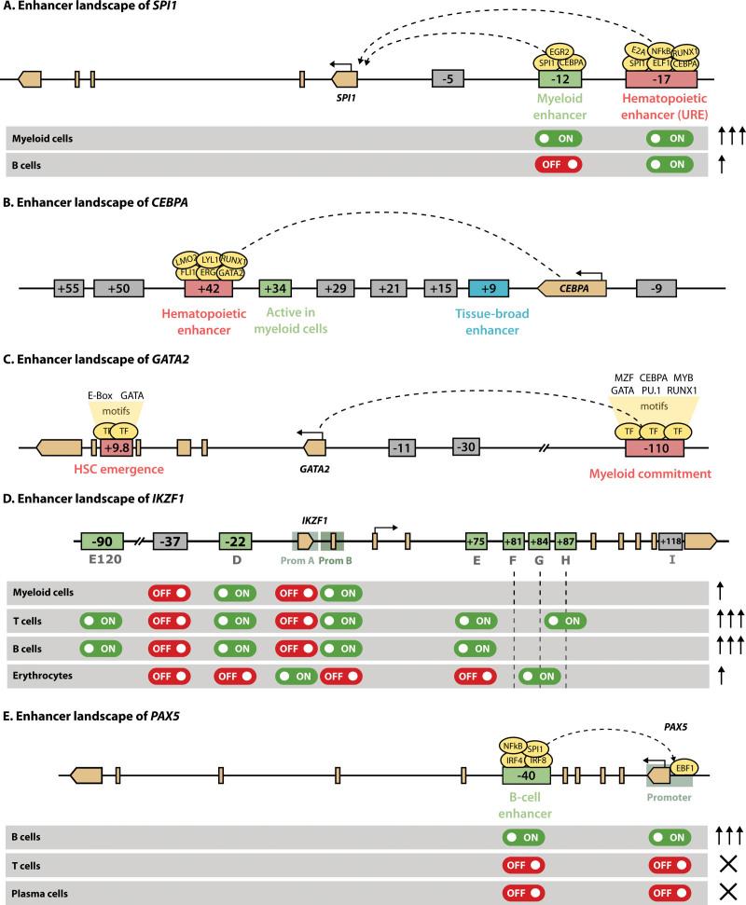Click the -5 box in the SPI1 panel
pyautogui.click(x=449, y=79)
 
